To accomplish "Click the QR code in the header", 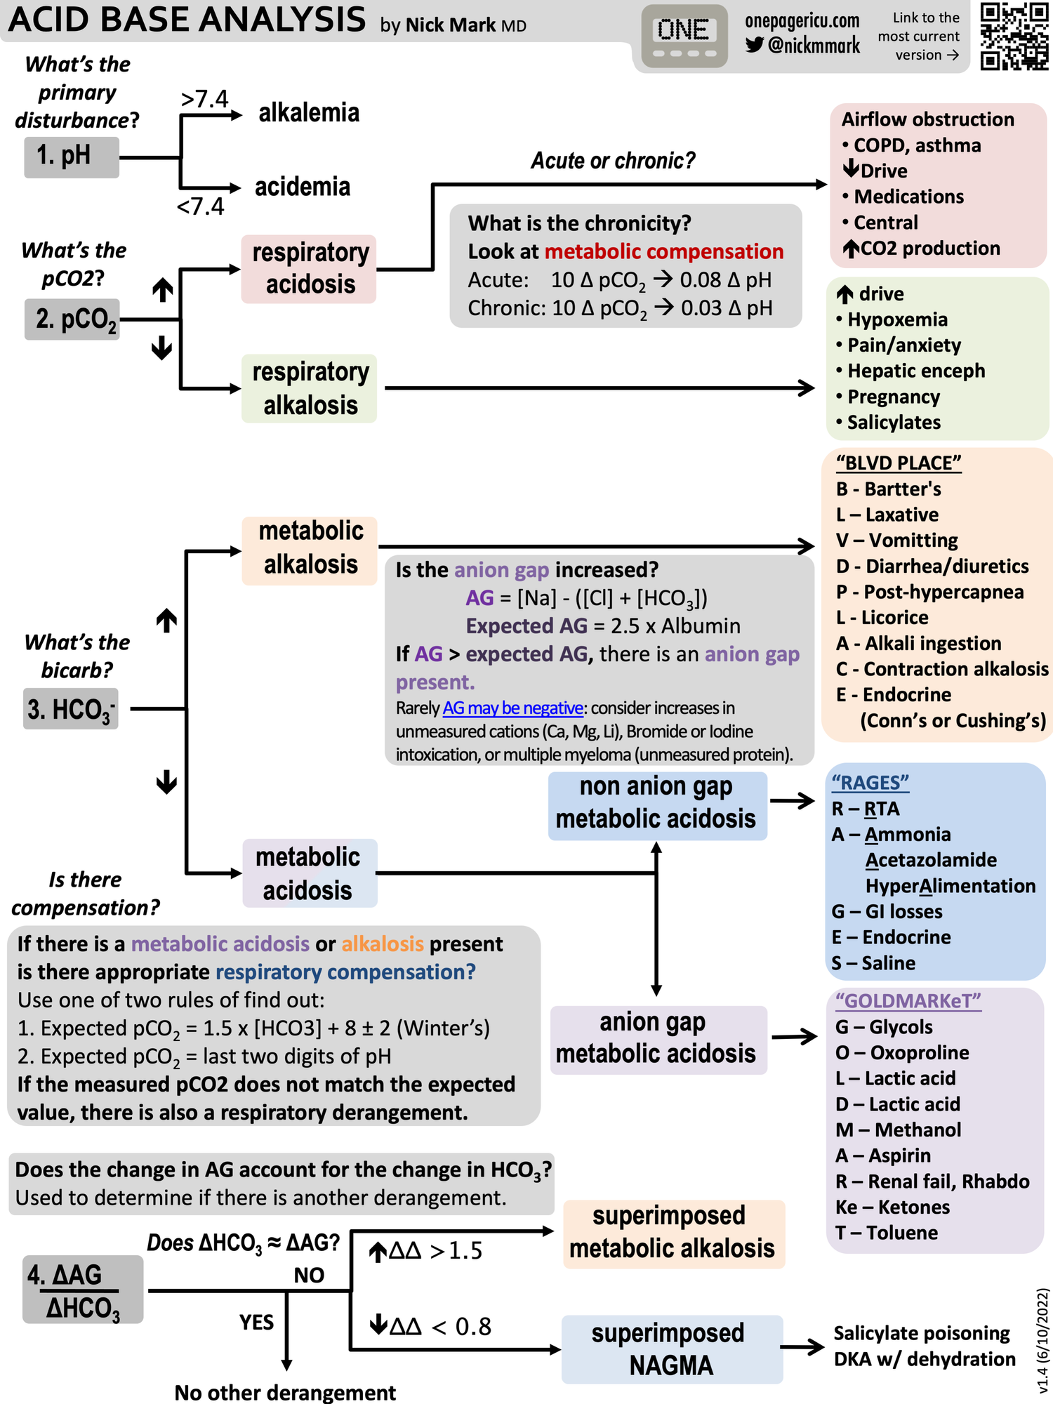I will click(x=1014, y=36).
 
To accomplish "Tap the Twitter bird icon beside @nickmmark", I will click(x=755, y=45).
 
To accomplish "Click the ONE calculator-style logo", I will click(x=684, y=36).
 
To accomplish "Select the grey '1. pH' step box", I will click(x=72, y=156).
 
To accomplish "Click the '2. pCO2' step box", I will click(x=72, y=319).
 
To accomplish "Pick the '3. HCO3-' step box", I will click(x=71, y=709).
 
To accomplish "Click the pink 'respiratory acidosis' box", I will click(x=309, y=269).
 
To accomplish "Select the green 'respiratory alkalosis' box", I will click(x=309, y=388).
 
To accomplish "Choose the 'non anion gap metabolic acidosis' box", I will click(x=657, y=804).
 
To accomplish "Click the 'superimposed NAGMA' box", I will click(x=672, y=1349).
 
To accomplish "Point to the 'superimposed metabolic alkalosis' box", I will click(x=673, y=1233).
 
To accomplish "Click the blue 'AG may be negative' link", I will click(x=512, y=708).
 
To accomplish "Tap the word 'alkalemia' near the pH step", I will click(x=309, y=112).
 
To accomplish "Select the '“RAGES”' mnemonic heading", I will click(x=870, y=783).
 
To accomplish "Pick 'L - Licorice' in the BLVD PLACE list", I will click(x=882, y=618).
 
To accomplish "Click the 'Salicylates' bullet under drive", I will click(x=893, y=423).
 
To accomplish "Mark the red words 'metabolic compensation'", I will click(x=663, y=251).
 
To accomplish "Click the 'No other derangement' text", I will click(x=285, y=1392).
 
